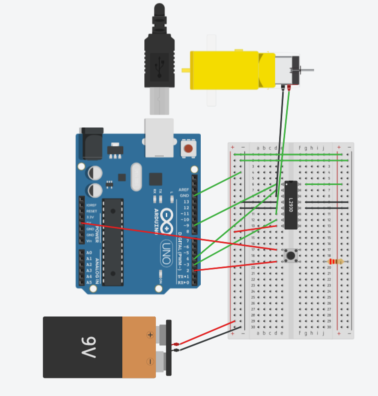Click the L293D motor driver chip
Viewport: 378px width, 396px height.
coord(291,205)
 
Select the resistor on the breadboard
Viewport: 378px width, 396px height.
coord(336,261)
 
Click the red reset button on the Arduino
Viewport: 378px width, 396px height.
coord(188,148)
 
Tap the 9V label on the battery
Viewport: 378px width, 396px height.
coord(88,347)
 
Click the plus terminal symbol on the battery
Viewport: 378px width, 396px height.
coord(150,335)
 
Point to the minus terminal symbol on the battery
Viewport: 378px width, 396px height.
coord(150,361)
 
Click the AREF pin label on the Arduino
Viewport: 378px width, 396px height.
coord(184,190)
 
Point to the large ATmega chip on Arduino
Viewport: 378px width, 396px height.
coord(113,242)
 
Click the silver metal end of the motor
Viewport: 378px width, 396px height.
coord(287,70)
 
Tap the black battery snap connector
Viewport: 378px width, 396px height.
coord(169,347)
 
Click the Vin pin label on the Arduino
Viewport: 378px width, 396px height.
coord(89,241)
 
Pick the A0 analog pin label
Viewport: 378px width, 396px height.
coord(89,253)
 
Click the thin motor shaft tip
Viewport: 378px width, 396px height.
coord(310,70)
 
